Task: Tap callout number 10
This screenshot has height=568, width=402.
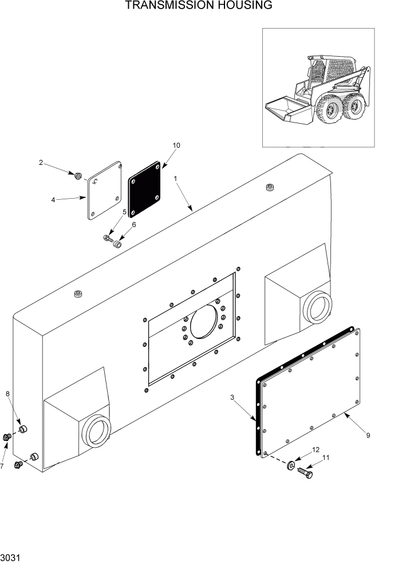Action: click(x=176, y=145)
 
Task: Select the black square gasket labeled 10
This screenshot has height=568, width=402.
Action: click(x=144, y=193)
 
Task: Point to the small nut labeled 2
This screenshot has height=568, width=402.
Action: click(x=78, y=173)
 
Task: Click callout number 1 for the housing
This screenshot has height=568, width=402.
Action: click(x=176, y=179)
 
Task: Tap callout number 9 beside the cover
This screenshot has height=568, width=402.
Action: click(x=368, y=435)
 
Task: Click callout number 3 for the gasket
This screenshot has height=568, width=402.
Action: click(x=232, y=397)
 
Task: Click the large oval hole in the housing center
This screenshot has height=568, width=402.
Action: click(x=204, y=322)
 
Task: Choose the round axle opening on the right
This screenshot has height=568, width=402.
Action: click(x=317, y=307)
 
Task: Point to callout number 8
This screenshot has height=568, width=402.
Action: click(x=7, y=393)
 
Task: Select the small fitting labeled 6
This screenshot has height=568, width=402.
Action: click(x=118, y=244)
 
